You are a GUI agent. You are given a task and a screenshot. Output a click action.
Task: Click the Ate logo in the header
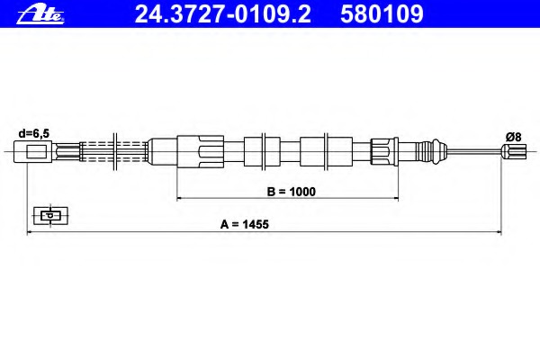(40, 14)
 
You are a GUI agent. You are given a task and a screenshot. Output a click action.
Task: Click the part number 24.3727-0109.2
(223, 14)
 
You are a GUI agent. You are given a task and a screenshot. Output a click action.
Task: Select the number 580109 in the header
(382, 14)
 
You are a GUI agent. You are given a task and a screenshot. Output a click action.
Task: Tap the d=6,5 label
(34, 133)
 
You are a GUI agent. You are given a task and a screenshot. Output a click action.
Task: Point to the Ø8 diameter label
(514, 137)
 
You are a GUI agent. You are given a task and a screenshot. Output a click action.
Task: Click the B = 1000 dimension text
(292, 192)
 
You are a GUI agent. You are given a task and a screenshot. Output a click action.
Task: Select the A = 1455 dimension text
(245, 224)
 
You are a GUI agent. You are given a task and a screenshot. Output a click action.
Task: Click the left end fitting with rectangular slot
(33, 151)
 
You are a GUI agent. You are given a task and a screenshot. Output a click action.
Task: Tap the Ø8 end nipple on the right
(514, 151)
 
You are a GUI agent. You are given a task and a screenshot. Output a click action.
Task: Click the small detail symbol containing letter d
(50, 216)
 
